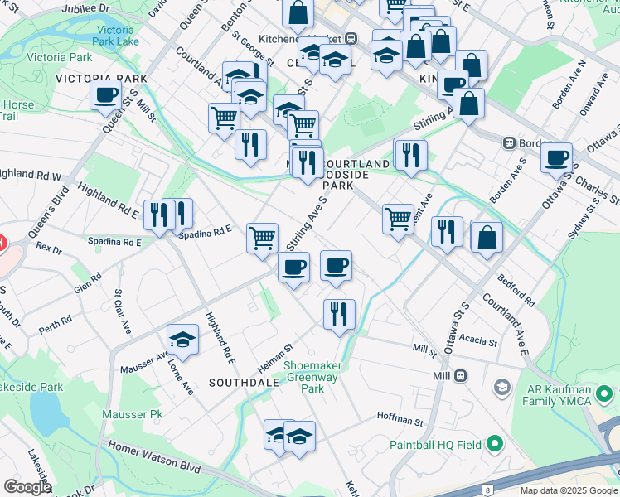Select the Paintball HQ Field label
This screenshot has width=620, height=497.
[x=435, y=445]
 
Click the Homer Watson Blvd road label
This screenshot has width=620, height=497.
[x=153, y=457]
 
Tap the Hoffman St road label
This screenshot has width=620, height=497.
[x=400, y=421]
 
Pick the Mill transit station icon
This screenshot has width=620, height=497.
[x=460, y=375]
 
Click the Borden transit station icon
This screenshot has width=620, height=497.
[x=510, y=142]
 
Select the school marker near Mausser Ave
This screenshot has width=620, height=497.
[x=182, y=340]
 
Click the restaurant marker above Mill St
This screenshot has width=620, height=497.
[x=339, y=314]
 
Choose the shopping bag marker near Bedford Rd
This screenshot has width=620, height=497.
[x=487, y=237]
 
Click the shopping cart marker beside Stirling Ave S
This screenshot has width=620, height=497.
[x=263, y=239]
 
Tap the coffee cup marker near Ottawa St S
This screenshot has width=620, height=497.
[x=556, y=157]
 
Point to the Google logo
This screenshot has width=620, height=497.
[x=27, y=487]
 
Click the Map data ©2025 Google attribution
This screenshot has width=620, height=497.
[x=568, y=490]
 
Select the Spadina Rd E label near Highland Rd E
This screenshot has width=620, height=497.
[x=205, y=234]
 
